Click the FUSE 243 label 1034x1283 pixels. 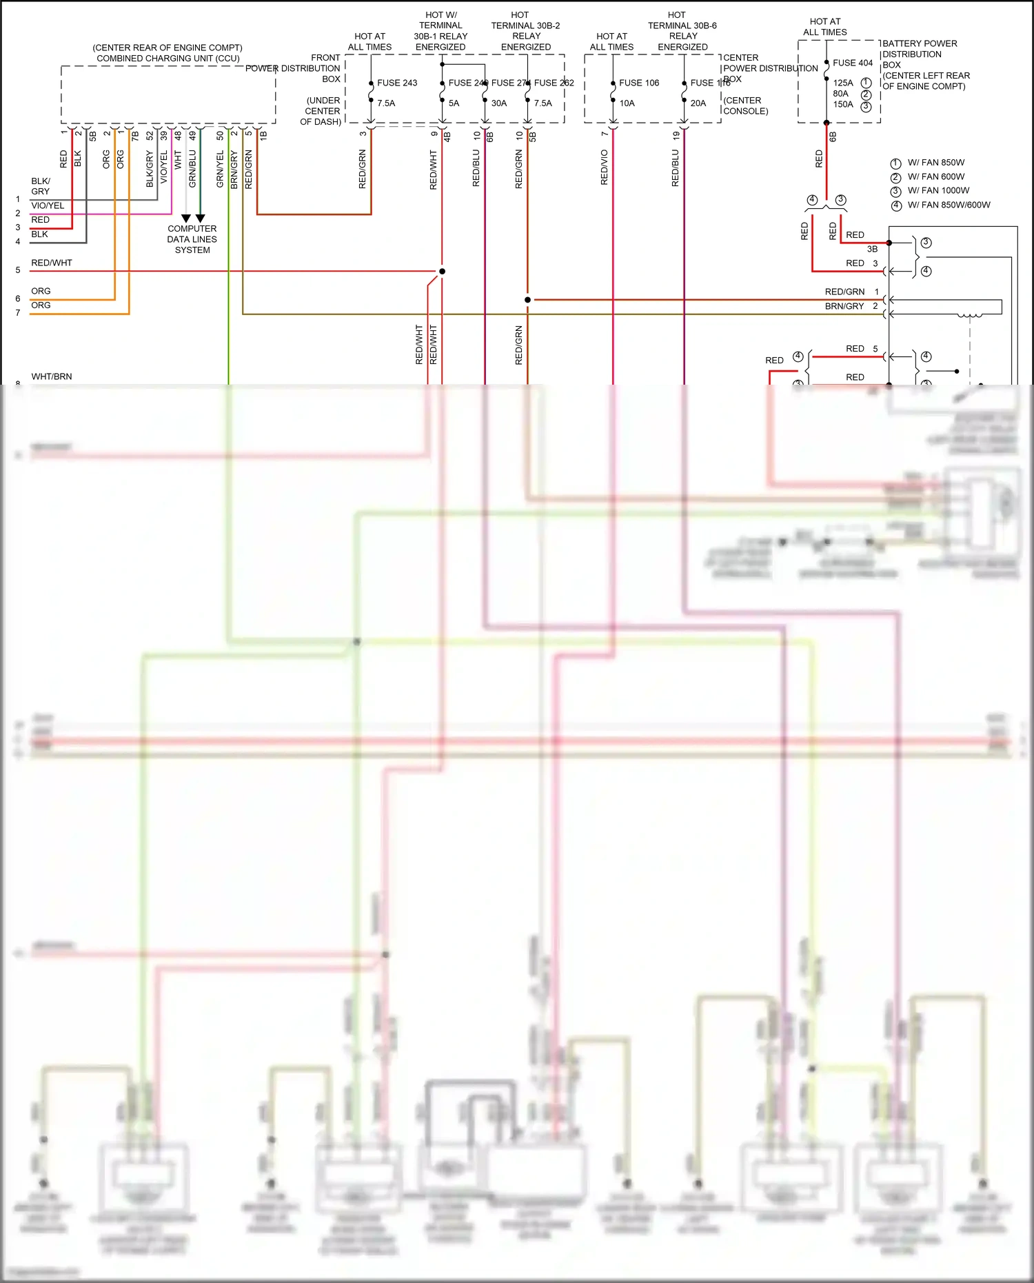(397, 83)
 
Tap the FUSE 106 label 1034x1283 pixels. (639, 83)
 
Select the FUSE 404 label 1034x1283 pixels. (853, 63)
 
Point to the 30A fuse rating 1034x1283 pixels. (499, 103)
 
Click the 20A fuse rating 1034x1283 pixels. (698, 103)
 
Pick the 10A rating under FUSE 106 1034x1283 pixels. (627, 103)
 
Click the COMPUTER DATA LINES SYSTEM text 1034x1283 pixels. (192, 239)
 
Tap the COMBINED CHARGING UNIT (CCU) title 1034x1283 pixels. (168, 59)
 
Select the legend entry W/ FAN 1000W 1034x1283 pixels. (938, 191)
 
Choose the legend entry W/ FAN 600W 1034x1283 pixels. (936, 177)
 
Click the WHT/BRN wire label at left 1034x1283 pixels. (52, 376)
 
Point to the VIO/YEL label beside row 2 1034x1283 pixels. (48, 205)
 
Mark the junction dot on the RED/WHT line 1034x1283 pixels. (442, 271)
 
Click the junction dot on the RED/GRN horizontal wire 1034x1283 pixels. (527, 300)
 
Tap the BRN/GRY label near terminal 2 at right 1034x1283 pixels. (844, 306)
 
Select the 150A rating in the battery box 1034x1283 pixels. (843, 105)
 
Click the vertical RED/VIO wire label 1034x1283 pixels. (605, 168)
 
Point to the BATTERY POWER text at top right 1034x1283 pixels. (920, 43)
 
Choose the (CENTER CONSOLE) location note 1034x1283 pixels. (745, 105)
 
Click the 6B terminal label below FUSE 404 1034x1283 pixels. (833, 137)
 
